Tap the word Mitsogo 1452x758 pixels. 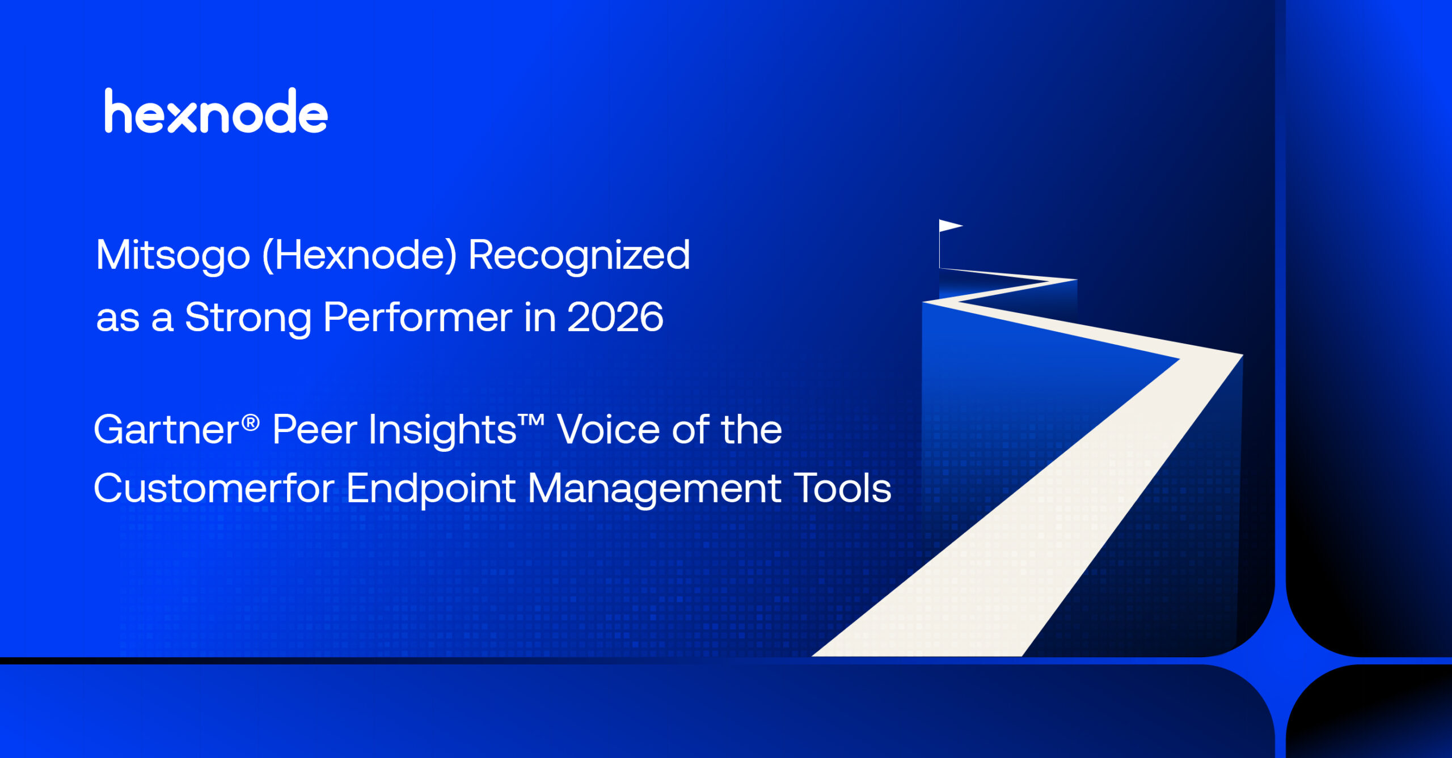(x=173, y=256)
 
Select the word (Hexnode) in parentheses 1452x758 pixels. (x=360, y=255)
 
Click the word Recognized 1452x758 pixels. (x=579, y=256)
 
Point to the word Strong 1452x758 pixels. (x=248, y=318)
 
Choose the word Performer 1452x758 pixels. (x=417, y=317)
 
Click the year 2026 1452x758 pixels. (x=615, y=317)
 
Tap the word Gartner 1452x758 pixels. (x=166, y=429)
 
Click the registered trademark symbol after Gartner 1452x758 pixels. (x=251, y=422)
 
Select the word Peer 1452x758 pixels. (x=315, y=429)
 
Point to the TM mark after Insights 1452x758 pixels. (x=531, y=421)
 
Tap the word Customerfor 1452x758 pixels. (x=214, y=488)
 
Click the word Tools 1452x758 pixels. (x=842, y=488)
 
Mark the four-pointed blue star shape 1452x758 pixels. (x=1281, y=660)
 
